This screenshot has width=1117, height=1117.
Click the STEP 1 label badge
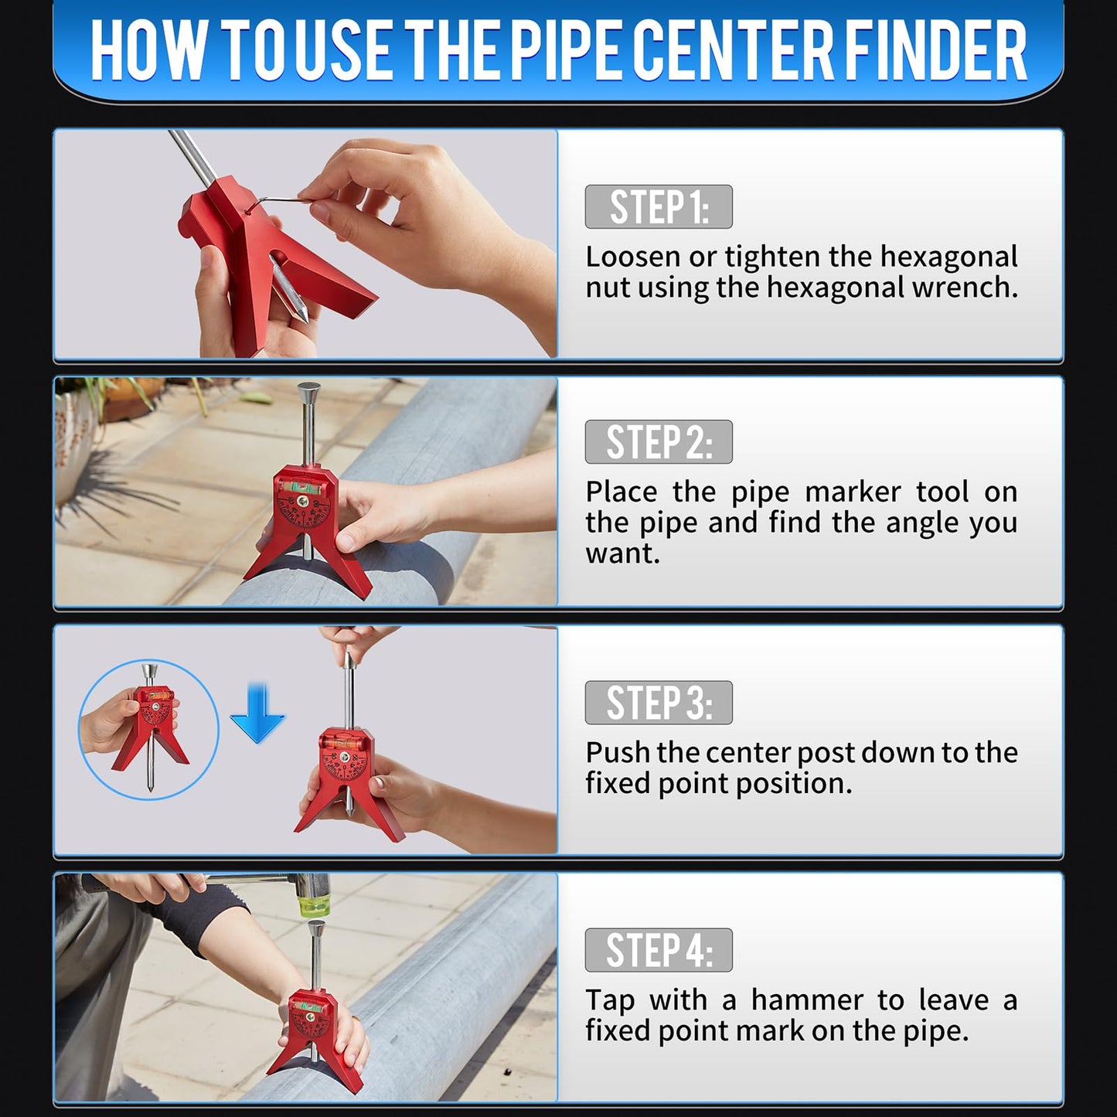click(658, 206)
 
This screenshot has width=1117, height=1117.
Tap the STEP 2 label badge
click(658, 442)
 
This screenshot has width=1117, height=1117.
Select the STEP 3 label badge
click(658, 703)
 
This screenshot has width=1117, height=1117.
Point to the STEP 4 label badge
click(658, 950)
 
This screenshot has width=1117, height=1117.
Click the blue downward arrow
click(257, 713)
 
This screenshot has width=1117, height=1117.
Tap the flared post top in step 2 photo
click(309, 391)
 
